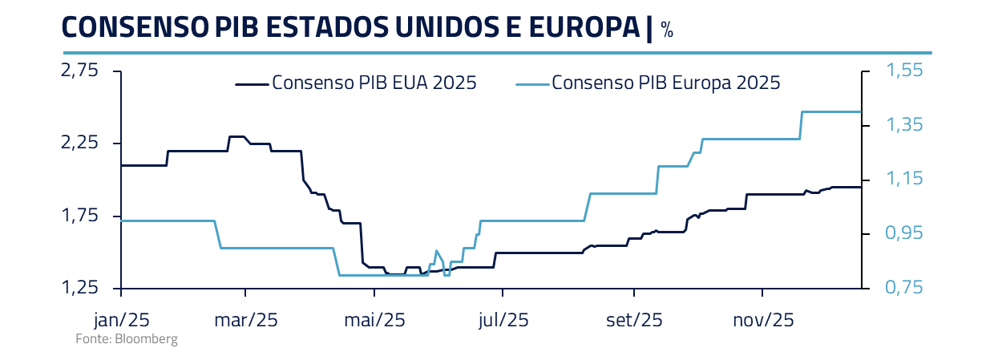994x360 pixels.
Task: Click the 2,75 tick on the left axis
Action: (80, 71)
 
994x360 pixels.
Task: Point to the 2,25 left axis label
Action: (80, 144)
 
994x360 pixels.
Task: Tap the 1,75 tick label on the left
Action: (80, 216)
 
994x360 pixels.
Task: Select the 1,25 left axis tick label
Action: (80, 288)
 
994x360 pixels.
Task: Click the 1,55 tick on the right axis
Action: (904, 71)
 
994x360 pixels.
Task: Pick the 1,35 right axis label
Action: (904, 125)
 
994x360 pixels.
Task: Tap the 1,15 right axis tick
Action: (904, 180)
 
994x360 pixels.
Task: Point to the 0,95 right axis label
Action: (904, 233)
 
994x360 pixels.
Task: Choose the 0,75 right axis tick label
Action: (904, 288)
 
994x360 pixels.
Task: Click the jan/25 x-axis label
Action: (121, 320)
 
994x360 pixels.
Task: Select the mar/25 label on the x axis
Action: (247, 320)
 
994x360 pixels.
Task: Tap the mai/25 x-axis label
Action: (374, 320)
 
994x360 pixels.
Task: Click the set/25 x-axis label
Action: (634, 320)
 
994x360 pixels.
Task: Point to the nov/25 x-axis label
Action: (763, 320)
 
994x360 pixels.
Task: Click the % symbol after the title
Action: (667, 30)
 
